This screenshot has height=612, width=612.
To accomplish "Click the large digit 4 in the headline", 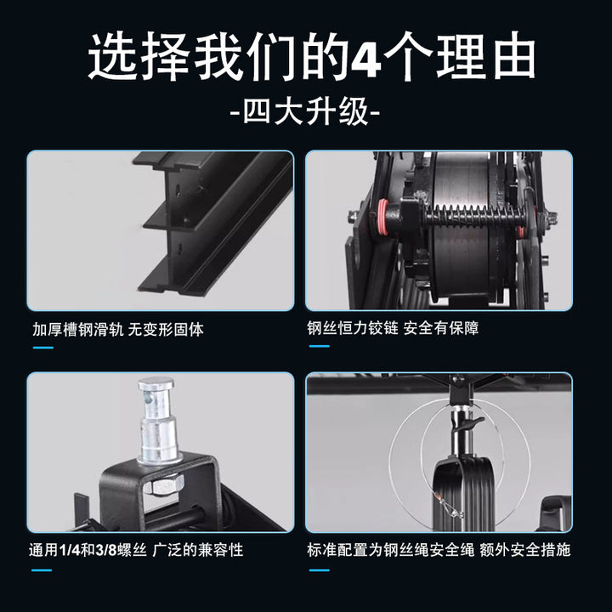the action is pyautogui.click(x=365, y=57).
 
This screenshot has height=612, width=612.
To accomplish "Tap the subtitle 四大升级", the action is pyautogui.click(x=306, y=112).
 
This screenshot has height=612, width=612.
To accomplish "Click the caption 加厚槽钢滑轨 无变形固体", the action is pyautogui.click(x=118, y=330).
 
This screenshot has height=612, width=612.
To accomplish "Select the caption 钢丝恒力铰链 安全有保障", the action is pyautogui.click(x=393, y=328).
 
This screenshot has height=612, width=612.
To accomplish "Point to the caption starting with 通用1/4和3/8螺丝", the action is pyautogui.click(x=136, y=550).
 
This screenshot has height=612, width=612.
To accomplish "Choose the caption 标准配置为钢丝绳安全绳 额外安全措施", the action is pyautogui.click(x=439, y=550).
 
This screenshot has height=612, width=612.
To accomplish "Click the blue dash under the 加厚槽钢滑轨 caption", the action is pyautogui.click(x=43, y=348).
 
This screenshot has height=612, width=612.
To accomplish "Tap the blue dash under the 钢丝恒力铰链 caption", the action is pyautogui.click(x=320, y=346).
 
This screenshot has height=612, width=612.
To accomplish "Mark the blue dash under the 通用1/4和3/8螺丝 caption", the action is pyautogui.click(x=42, y=570).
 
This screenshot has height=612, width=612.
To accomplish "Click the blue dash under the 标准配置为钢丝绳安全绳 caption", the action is pyautogui.click(x=320, y=570).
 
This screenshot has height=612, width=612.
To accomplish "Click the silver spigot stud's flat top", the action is pyautogui.click(x=156, y=382).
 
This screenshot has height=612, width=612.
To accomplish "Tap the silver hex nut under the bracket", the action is pyautogui.click(x=162, y=485).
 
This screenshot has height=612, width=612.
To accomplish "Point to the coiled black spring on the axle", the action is pyautogui.click(x=474, y=216).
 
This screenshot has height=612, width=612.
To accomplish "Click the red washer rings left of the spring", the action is pyautogui.click(x=382, y=217).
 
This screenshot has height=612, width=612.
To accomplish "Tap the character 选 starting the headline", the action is pyautogui.click(x=110, y=57).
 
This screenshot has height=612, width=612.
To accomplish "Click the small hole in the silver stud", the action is pyautogui.click(x=147, y=398).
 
